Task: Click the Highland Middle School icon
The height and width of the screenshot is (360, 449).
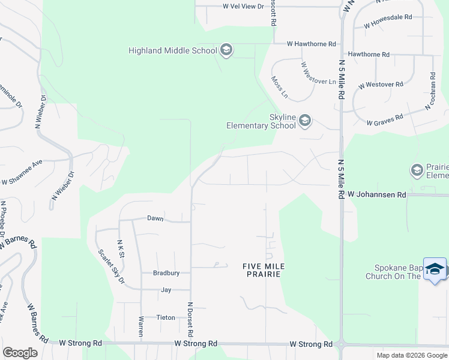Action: pyautogui.click(x=226, y=50)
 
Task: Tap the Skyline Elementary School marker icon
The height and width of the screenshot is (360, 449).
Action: pyautogui.click(x=305, y=121)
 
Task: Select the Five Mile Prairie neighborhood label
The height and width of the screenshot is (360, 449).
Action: pyautogui.click(x=263, y=269)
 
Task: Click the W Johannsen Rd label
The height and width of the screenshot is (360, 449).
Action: pyautogui.click(x=377, y=195)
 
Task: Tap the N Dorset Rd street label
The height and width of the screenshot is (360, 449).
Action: pyautogui.click(x=191, y=318)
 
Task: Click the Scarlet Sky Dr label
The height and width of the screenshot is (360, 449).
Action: pyautogui.click(x=111, y=266)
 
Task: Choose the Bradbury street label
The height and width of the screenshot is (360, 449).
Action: pyautogui.click(x=166, y=273)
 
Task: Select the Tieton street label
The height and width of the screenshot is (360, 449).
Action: pyautogui.click(x=166, y=317)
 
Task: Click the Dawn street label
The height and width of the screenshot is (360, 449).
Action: pyautogui.click(x=155, y=218)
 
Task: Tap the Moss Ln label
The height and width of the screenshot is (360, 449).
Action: pyautogui.click(x=279, y=87)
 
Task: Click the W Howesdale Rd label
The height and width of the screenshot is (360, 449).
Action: pyautogui.click(x=388, y=22)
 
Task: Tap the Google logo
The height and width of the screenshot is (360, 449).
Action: pyautogui.click(x=20, y=353)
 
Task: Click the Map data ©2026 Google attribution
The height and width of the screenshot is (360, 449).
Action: pyautogui.click(x=411, y=355)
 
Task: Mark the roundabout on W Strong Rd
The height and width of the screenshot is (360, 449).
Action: pyautogui.click(x=341, y=346)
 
